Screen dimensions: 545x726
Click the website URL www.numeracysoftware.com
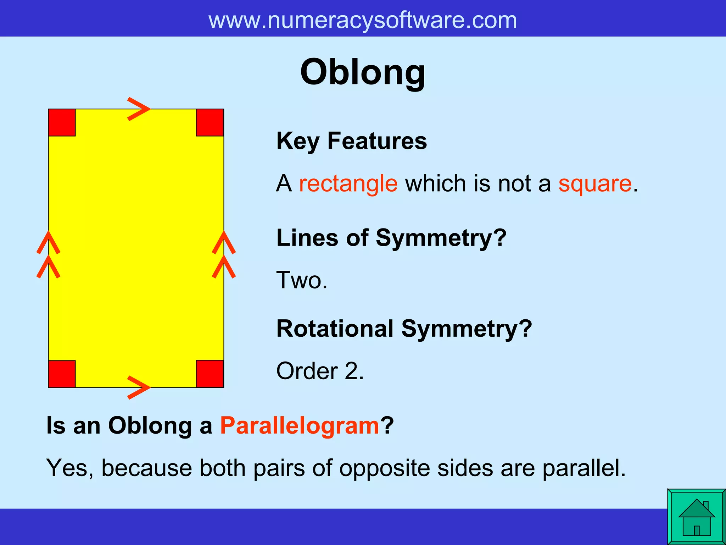point(362,20)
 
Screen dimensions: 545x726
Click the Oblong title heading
point(362,73)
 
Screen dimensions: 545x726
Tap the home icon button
point(696,517)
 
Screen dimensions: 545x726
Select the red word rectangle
point(348,184)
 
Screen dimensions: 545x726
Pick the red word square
point(595,184)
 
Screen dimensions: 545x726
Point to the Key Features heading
point(351,141)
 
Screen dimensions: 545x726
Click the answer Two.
point(302,280)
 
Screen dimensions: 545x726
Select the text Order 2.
point(320,371)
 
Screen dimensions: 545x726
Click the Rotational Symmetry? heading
point(404,329)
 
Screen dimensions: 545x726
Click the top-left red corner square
point(62,123)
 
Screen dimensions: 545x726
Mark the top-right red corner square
point(210,123)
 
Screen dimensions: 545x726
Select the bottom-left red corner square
point(62,374)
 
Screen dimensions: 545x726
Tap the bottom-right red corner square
point(210,374)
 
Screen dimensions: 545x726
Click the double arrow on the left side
point(49,255)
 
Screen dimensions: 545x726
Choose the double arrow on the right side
point(224,255)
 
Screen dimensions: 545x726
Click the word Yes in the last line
point(67,468)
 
